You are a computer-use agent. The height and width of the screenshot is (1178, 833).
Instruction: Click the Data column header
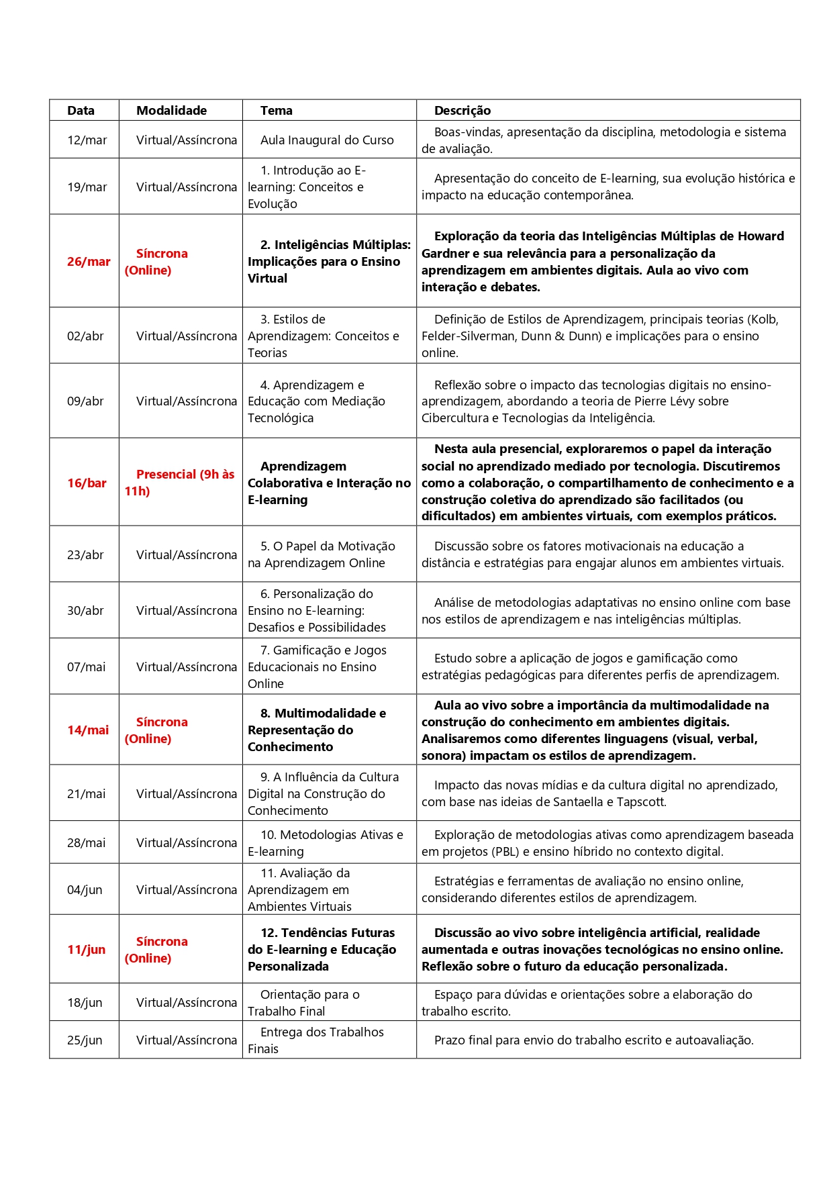coord(81,111)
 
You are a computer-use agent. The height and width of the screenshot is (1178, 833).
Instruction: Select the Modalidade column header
coord(171,111)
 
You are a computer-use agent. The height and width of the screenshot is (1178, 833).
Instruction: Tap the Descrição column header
coord(462,111)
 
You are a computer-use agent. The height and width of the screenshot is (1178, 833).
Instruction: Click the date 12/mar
coord(87,140)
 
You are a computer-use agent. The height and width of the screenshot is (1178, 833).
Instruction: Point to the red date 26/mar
coord(89,262)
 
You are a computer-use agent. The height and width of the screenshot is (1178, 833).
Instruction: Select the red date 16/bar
coord(87,483)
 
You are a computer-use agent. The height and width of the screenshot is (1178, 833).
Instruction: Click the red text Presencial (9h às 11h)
coord(179,483)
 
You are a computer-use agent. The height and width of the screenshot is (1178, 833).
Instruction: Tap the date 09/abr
coord(85,401)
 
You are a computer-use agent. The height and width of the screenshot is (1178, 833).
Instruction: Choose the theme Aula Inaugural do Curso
coord(327,140)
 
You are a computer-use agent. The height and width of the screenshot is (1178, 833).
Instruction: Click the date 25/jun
coord(85,1040)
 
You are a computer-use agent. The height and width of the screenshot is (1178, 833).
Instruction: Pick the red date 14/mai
coord(88,730)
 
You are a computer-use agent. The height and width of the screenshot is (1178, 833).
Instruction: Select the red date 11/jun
coord(86,950)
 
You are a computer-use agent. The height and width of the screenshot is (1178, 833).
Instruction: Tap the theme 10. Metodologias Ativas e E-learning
coord(326,843)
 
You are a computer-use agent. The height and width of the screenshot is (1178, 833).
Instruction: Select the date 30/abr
coord(85,611)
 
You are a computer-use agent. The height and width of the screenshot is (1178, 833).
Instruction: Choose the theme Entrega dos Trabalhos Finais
coord(316,1040)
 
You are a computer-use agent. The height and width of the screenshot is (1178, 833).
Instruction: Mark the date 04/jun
coord(85,890)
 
